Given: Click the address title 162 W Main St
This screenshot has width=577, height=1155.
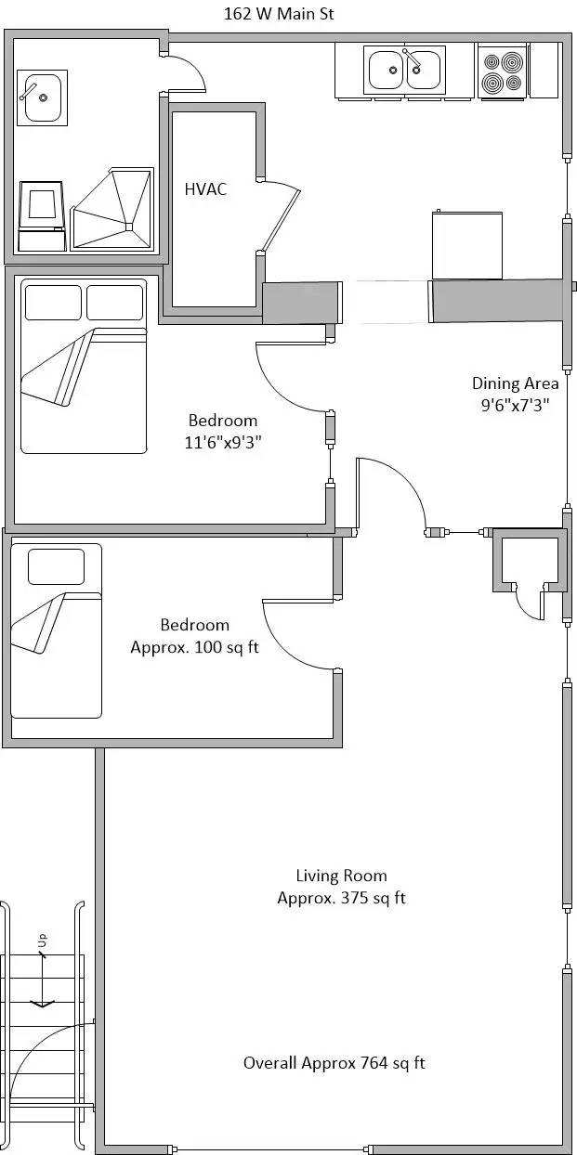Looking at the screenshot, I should tap(279, 14).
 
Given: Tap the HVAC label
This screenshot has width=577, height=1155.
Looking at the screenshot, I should tap(205, 189).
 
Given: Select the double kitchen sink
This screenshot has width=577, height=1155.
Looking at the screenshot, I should tap(405, 71).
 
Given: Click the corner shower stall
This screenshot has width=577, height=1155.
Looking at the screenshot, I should tap(111, 209).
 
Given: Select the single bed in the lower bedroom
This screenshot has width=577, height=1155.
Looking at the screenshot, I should tap(56, 631).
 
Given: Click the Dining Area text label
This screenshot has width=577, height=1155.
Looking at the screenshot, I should tap(515, 383).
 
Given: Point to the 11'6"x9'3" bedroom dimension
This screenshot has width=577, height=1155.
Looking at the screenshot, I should tap(222, 442).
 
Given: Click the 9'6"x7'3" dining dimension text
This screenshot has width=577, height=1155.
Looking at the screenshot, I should tap(515, 404).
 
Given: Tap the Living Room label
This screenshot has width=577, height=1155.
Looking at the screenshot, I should tap(341, 875).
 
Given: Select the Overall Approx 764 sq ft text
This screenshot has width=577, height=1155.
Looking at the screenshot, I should tap(334, 1063).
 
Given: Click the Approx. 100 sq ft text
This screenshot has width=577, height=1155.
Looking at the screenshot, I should tap(194, 647).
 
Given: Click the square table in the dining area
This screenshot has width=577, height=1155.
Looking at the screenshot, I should tap(467, 245).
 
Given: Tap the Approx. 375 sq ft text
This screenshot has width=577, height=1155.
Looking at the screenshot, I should tap(341, 898).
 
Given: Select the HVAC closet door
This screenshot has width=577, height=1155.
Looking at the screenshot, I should tap(282, 216).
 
